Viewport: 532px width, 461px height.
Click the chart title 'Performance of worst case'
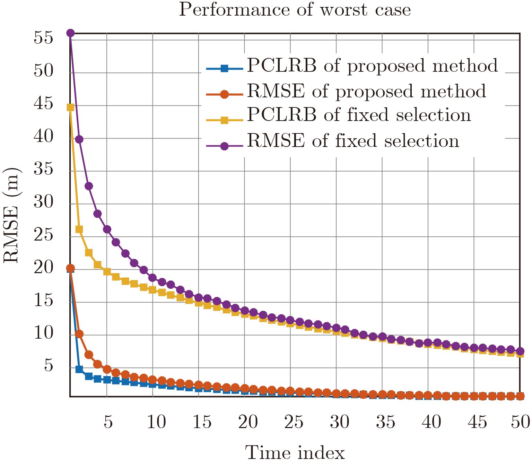pos(295,10)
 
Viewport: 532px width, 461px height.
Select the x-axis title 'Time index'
pos(295,452)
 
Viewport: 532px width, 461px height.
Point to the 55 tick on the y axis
pos(44,37)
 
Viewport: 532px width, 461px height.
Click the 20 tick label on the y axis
pos(44,267)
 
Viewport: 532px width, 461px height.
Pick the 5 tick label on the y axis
pos(49,365)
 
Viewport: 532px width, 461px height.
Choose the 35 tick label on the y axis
pos(44,169)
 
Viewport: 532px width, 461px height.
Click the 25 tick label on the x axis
pos(294,422)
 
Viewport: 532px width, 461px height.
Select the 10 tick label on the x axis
pos(156,422)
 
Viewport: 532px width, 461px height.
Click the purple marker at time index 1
pos(70,33)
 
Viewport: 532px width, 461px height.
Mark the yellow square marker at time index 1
pos(70,107)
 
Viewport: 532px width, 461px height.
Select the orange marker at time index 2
pos(79,334)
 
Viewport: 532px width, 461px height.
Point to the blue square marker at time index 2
pos(79,369)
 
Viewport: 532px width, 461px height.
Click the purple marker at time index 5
pos(107,229)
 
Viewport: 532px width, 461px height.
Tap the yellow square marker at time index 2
pos(79,229)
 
